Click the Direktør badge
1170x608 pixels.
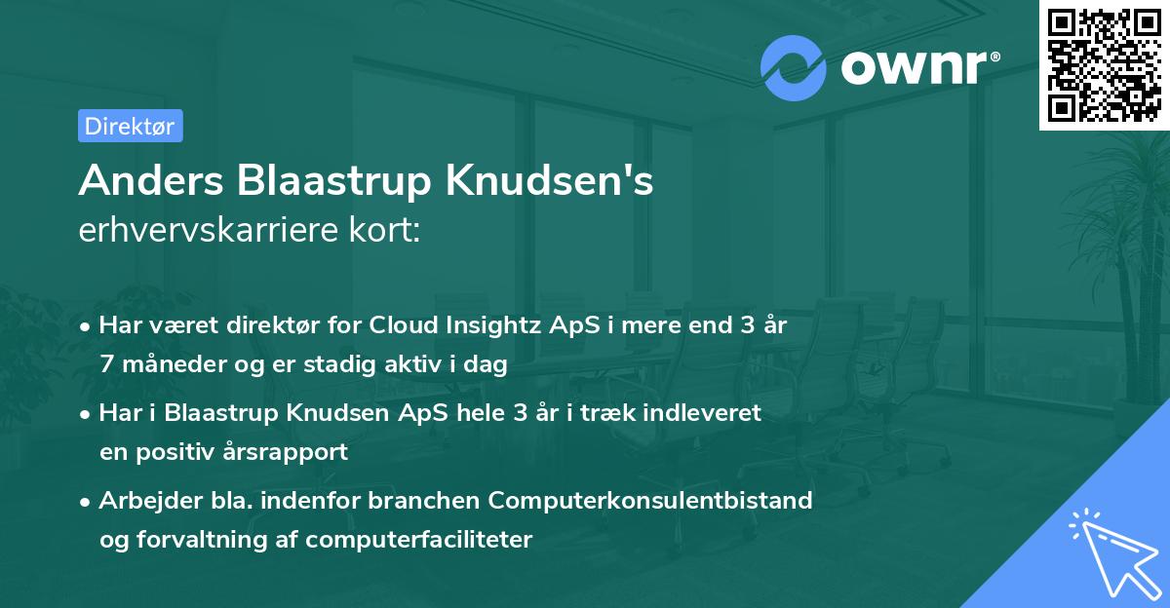(x=130, y=126)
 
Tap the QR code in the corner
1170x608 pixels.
(x=1103, y=64)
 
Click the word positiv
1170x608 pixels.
(x=178, y=452)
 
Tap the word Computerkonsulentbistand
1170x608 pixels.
(x=650, y=500)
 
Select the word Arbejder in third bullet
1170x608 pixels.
(x=142, y=500)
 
